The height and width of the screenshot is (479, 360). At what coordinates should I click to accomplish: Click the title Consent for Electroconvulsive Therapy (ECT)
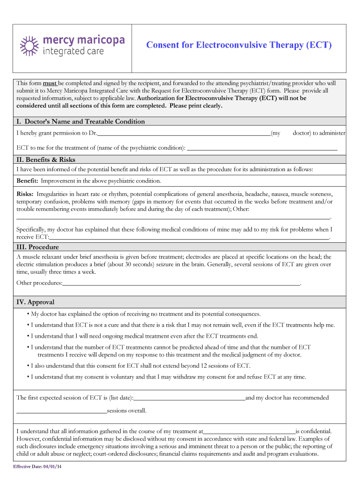[239, 45]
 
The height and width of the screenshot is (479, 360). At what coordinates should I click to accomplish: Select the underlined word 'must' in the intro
[50, 83]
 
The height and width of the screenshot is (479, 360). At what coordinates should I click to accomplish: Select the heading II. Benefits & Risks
[46, 160]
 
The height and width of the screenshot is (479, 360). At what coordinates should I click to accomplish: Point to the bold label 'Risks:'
[25, 194]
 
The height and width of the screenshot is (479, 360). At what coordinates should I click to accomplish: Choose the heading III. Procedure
[38, 247]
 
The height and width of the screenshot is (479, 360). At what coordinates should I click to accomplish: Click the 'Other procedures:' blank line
[181, 283]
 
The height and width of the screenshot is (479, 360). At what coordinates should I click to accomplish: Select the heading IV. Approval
[36, 302]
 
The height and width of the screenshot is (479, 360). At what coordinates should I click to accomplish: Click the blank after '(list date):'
[189, 398]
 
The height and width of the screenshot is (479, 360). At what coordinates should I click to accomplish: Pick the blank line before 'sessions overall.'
[62, 411]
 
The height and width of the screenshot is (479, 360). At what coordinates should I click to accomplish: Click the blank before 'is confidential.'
[249, 432]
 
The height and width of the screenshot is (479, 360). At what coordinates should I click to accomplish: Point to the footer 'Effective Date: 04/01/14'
[37, 467]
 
